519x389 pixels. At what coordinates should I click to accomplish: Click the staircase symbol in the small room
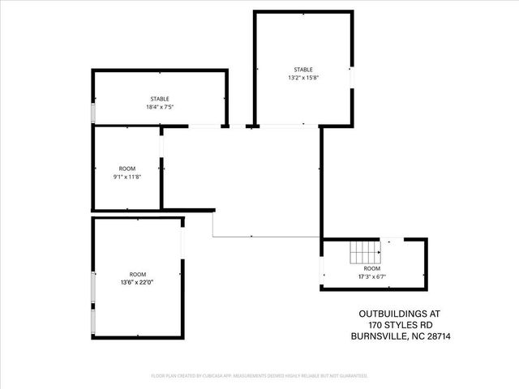coord(364,254)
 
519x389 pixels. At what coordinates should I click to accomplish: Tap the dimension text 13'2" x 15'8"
coord(303,78)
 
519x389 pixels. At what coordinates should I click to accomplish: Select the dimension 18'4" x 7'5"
coord(159,106)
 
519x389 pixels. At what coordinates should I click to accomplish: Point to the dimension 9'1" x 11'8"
coord(127,176)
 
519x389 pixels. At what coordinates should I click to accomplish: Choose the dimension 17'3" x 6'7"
coord(371,276)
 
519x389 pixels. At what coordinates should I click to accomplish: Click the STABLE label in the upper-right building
coord(303,70)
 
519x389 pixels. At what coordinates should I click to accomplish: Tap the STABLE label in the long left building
coord(159,99)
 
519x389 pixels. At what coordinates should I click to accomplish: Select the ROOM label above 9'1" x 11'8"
coord(127,168)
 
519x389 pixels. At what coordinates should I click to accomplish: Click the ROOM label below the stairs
coord(371,268)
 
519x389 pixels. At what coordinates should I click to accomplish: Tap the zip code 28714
coord(439,336)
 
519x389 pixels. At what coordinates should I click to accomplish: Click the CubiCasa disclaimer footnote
coord(259,376)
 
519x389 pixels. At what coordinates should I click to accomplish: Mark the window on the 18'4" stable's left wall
coord(93,113)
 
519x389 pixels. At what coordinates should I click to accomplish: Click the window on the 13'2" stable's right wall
coord(352,75)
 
